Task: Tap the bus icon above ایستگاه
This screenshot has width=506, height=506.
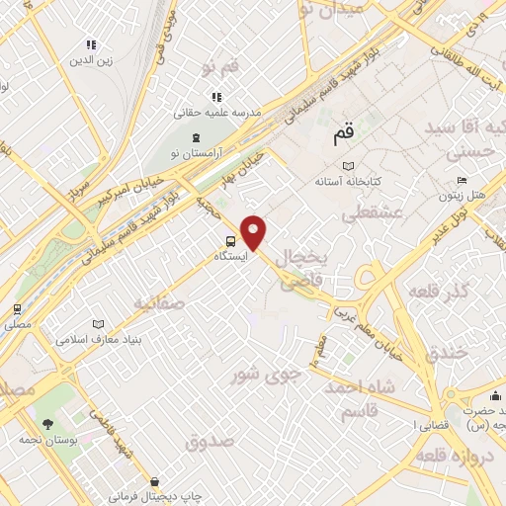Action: [x=230, y=240]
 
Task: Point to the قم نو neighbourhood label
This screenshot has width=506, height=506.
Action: [x=220, y=67]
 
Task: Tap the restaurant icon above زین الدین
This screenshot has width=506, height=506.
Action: [x=91, y=44]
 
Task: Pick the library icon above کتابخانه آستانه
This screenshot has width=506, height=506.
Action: [x=347, y=166]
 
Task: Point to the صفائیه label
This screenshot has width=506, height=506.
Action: [x=155, y=302]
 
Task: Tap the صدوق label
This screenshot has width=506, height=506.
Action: [x=210, y=441]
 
